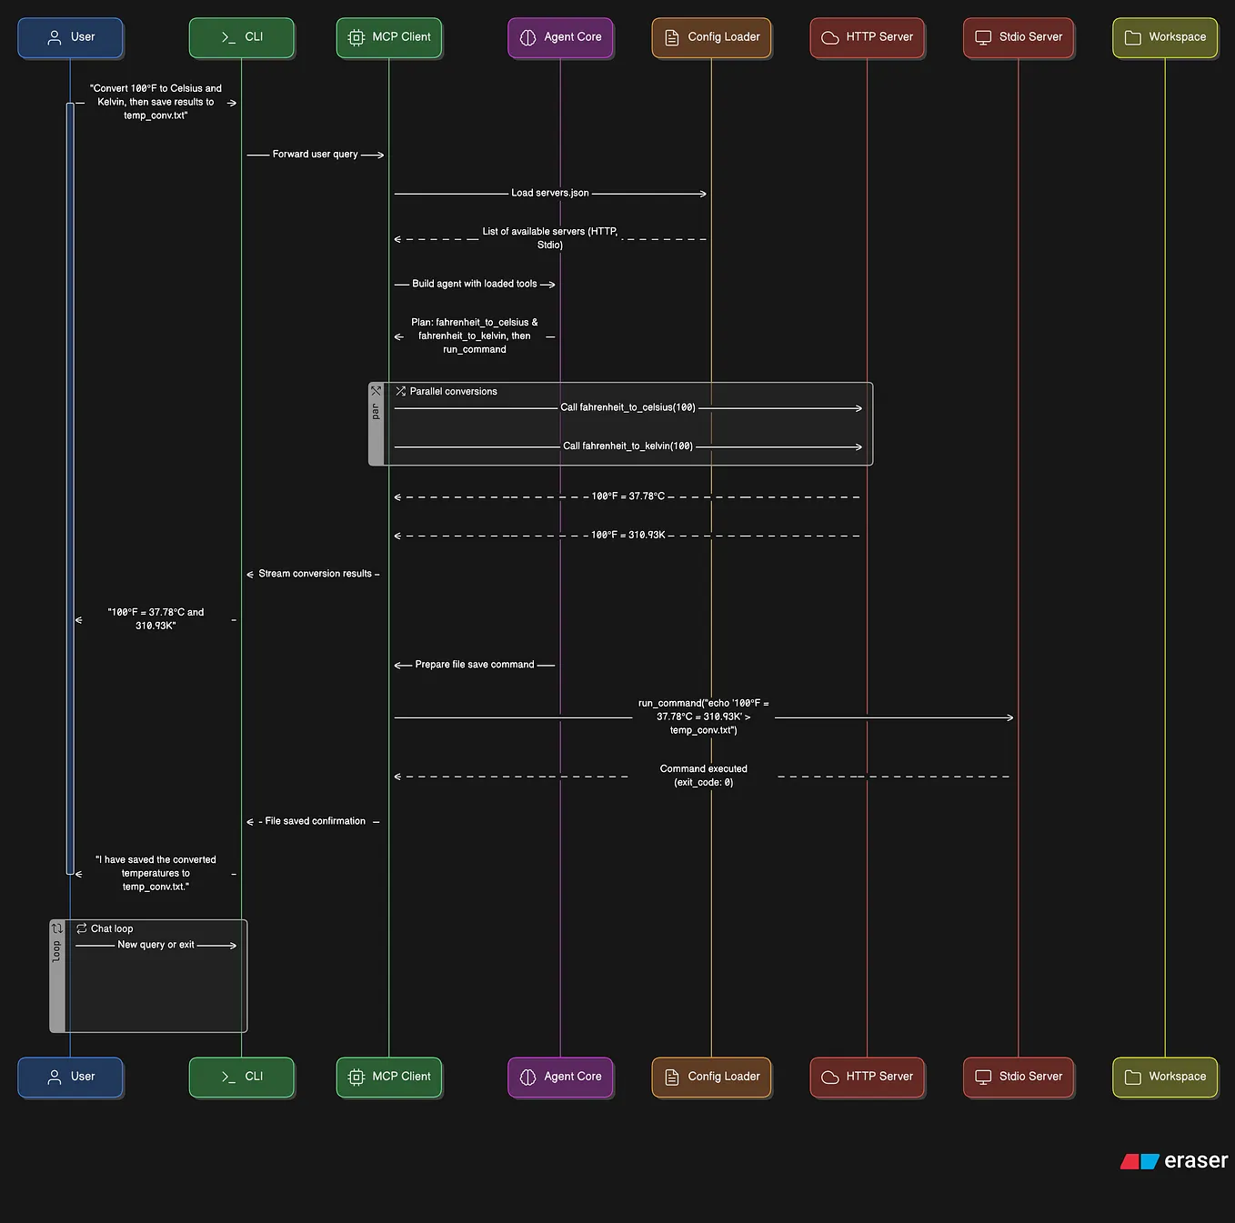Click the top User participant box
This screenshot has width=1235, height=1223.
[x=70, y=37]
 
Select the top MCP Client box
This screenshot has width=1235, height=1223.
[x=389, y=37]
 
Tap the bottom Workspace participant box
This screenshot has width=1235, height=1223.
[x=1165, y=1077]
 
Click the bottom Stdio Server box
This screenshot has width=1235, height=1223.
[x=1018, y=1077]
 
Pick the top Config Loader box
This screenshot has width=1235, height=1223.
[x=711, y=37]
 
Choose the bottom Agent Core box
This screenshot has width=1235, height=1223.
[x=560, y=1077]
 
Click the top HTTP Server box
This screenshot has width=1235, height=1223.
[x=867, y=37]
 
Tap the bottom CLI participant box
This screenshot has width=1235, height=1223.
[x=241, y=1077]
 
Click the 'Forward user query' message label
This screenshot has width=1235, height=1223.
[x=315, y=155]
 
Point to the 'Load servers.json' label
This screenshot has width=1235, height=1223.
[x=549, y=193]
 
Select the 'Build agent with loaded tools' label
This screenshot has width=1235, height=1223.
[x=474, y=284]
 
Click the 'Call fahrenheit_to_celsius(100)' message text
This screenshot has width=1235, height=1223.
[x=628, y=407]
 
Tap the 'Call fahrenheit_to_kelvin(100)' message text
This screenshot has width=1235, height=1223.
[x=628, y=446]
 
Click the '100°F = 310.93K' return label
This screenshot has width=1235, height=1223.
[x=628, y=535]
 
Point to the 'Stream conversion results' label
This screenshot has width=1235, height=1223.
[x=315, y=574]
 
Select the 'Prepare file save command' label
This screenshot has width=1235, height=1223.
[x=474, y=665]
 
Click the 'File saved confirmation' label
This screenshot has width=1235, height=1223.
[x=315, y=821]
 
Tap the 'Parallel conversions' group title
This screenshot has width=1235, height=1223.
[x=453, y=392]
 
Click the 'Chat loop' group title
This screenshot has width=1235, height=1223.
[x=112, y=929]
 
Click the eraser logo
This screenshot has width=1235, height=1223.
[x=1174, y=1161]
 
